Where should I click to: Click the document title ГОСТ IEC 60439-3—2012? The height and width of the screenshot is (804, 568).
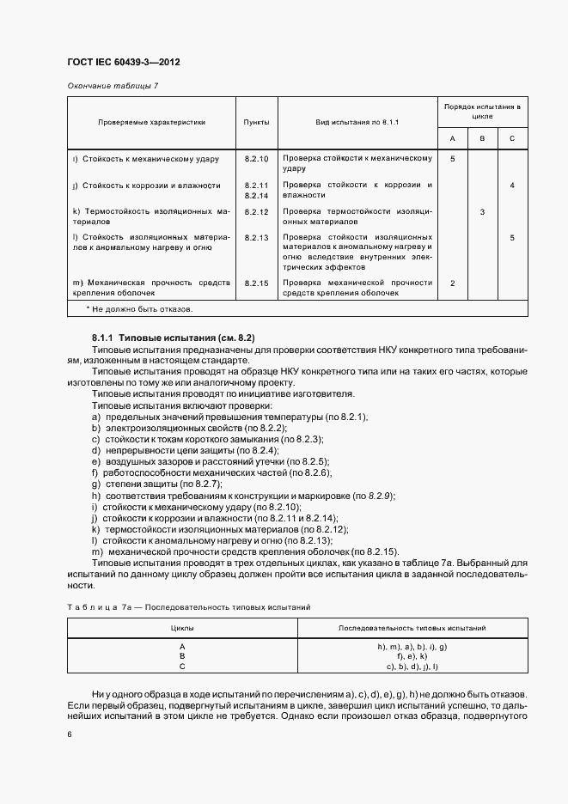coord(123,63)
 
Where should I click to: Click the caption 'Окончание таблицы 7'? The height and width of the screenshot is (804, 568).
coord(113,86)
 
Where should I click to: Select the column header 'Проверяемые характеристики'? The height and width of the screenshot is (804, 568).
coord(151,122)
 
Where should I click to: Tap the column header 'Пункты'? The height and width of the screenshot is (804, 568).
coord(256,122)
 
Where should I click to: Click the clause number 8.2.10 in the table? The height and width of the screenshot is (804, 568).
coord(256,160)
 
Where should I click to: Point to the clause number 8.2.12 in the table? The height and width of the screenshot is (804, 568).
coord(256,211)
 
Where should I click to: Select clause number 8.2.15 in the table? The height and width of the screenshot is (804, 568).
coord(256,283)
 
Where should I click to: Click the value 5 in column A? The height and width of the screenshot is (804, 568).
coord(453,160)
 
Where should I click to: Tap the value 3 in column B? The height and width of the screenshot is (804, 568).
coord(482,211)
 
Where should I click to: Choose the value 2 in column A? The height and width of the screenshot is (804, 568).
coord(453,283)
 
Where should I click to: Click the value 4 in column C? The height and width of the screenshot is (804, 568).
coord(511,186)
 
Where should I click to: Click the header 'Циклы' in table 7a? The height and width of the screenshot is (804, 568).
coord(182,628)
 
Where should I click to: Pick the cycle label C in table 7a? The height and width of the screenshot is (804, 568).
coord(182,666)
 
